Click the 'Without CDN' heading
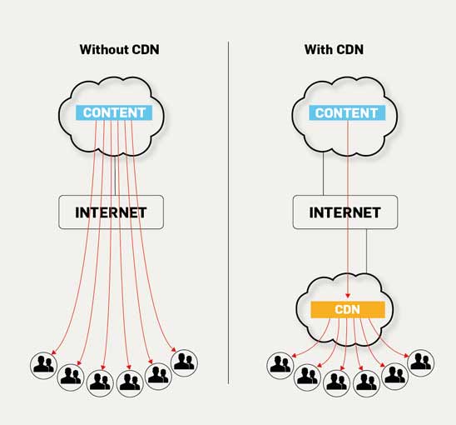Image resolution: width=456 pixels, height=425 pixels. click(120, 49)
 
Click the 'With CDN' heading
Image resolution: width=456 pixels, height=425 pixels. click(334, 49)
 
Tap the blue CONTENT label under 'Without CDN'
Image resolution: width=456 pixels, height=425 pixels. click(114, 112)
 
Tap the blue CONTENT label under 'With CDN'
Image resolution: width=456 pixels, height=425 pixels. click(347, 113)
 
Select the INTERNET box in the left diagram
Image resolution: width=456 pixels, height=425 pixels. click(112, 212)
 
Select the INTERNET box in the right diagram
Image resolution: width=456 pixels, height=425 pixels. click(345, 212)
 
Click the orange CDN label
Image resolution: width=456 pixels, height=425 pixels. click(348, 309)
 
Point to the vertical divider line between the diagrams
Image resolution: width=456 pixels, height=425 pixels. click(229, 212)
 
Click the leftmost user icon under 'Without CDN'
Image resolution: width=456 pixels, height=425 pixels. click(43, 365)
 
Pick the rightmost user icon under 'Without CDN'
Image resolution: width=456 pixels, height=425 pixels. click(184, 363)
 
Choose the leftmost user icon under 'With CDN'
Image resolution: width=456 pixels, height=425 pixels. click(280, 365)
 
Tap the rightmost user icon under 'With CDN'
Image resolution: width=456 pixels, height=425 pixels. click(421, 363)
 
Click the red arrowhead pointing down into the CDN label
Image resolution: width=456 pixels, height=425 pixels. click(348, 296)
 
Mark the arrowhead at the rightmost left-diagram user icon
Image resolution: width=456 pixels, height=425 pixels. click(174, 349)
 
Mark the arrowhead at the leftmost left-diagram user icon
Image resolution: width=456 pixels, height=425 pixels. click(53, 352)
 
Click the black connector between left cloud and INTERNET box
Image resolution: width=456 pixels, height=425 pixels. click(115, 175)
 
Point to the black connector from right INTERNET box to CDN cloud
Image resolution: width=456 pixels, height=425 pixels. click(366, 251)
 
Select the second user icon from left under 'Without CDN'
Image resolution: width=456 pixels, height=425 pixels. click(71, 377)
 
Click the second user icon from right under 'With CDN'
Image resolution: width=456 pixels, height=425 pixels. click(395, 377)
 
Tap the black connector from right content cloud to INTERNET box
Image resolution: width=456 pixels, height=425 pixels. click(324, 174)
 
